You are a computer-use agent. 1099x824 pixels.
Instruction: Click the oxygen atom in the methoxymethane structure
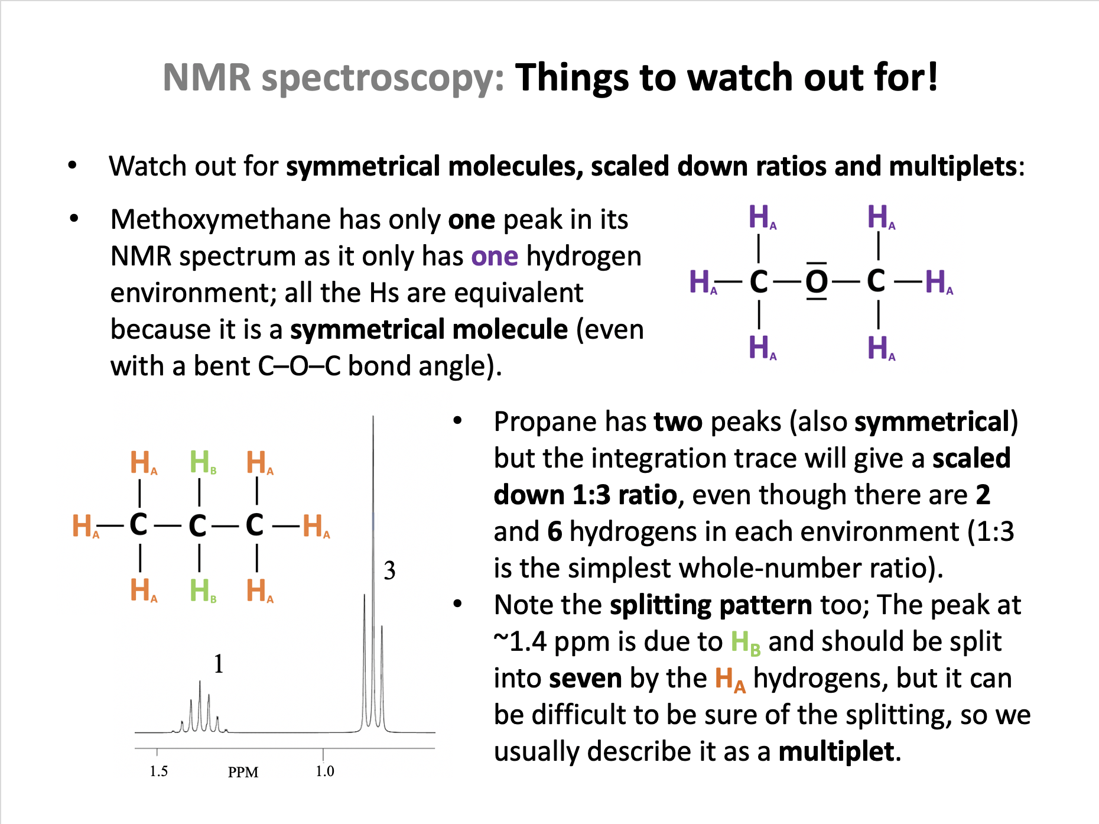click(817, 281)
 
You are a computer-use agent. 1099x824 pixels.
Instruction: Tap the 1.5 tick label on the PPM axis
click(158, 771)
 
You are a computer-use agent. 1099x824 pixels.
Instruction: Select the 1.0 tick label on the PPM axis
click(324, 771)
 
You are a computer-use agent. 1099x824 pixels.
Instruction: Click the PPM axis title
click(243, 773)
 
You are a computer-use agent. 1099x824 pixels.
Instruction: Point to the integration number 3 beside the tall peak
click(389, 570)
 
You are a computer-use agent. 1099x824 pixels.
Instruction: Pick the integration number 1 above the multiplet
click(219, 664)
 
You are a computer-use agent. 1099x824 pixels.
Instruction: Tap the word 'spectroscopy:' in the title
click(383, 78)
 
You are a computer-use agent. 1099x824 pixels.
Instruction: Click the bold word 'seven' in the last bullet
click(586, 679)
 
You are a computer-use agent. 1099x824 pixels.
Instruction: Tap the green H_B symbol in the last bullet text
click(746, 643)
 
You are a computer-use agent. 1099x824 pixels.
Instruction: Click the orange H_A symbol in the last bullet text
click(730, 679)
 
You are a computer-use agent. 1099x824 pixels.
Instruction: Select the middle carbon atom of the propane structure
click(197, 525)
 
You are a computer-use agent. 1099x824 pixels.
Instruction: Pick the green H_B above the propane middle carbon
click(203, 462)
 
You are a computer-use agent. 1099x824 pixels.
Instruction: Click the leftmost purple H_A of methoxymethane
click(703, 281)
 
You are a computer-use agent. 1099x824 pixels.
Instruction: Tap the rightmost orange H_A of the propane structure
click(316, 525)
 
